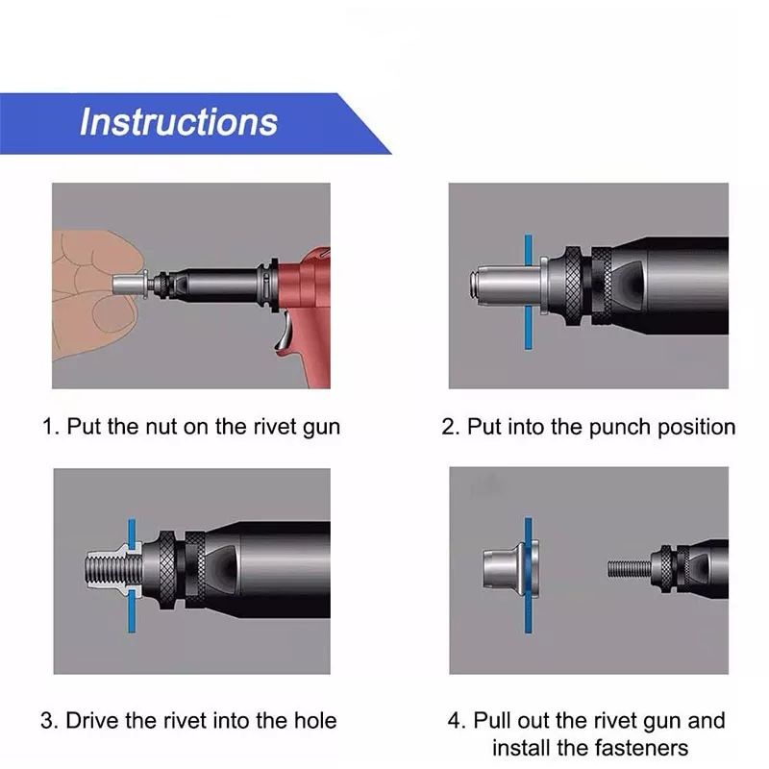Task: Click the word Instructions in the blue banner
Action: tap(179, 122)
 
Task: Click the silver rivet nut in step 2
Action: tap(509, 285)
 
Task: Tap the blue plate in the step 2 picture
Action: tap(528, 292)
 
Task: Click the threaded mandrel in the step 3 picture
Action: tap(113, 571)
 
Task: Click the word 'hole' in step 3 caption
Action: tap(315, 721)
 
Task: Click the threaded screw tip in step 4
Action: tap(630, 569)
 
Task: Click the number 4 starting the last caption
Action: tap(454, 721)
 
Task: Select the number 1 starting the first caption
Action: tap(48, 427)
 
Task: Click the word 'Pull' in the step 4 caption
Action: tap(493, 721)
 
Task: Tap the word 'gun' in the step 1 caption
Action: tap(322, 428)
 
